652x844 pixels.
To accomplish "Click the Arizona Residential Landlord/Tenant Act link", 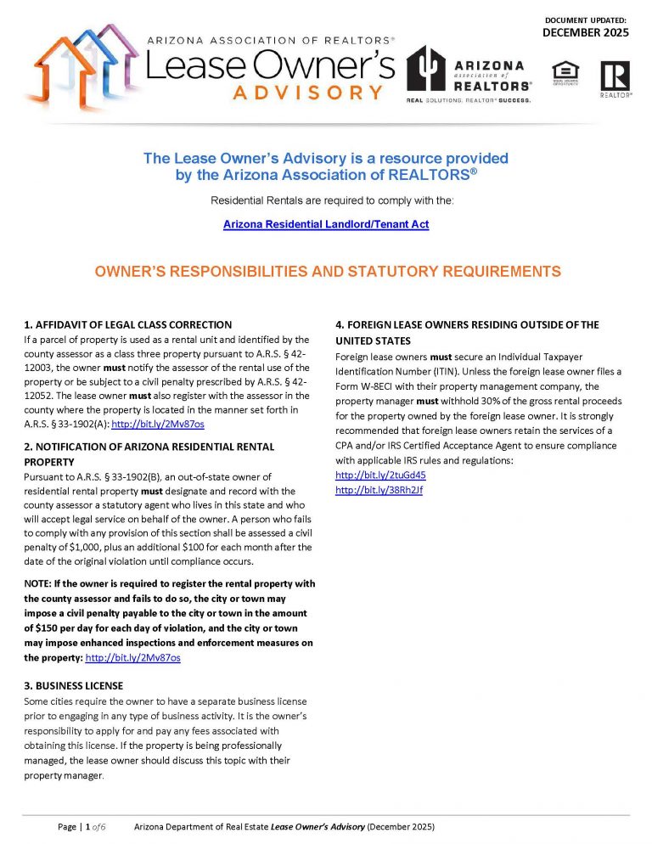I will [x=326, y=224].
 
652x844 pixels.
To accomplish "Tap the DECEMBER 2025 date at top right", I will [x=586, y=32].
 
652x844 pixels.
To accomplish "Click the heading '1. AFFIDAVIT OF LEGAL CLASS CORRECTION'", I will [x=127, y=324].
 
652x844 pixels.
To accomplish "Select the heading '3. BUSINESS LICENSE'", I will [x=74, y=685].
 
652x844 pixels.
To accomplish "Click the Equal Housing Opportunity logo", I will [x=564, y=73].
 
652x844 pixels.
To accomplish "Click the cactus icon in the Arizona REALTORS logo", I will [x=427, y=69].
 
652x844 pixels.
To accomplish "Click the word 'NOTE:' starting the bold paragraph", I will [x=38, y=583].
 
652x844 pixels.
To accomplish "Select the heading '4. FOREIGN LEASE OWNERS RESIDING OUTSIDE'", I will [x=467, y=324].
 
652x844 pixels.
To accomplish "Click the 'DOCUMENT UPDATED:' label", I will [x=585, y=19].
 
